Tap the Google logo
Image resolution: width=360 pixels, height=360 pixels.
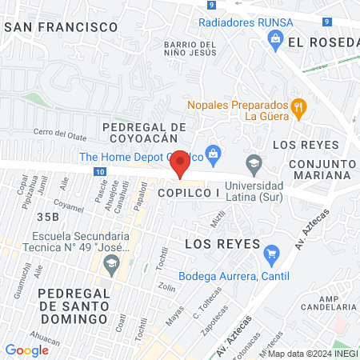point(26,350)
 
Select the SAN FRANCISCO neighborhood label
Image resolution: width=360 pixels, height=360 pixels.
point(62,26)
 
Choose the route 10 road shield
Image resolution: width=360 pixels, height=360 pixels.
point(98,171)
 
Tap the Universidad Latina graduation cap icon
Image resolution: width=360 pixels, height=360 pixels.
point(254,163)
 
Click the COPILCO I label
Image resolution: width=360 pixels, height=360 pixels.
point(188,194)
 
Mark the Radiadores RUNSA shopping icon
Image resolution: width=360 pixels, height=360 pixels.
point(275,38)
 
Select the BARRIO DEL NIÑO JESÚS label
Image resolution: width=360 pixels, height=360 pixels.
point(189,50)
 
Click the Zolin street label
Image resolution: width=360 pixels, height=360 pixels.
point(166,287)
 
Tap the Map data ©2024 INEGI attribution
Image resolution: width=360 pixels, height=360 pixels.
point(312,354)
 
